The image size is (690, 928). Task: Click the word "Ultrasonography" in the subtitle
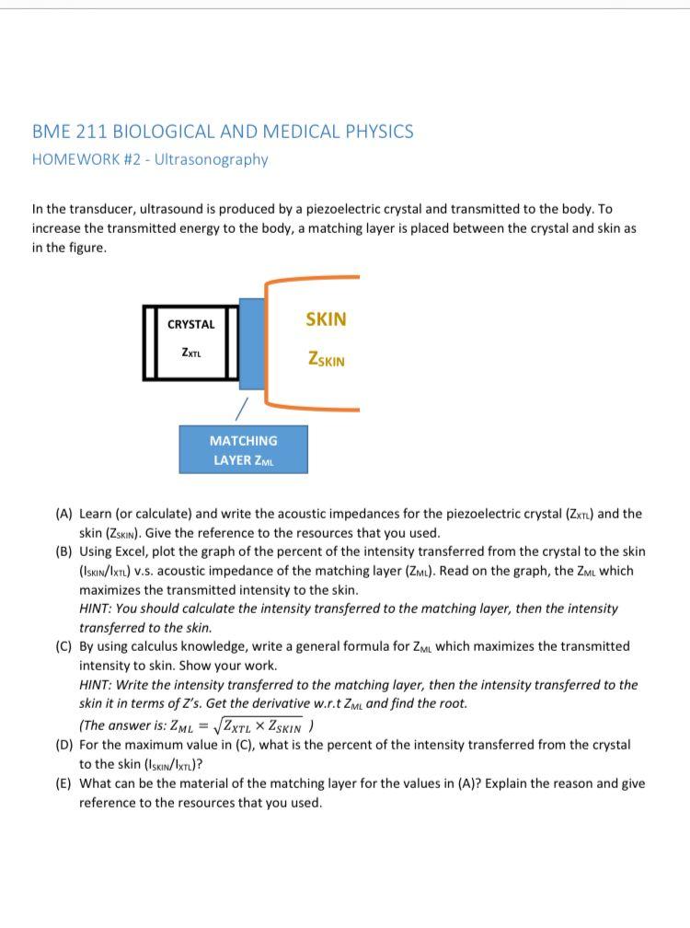[212, 159]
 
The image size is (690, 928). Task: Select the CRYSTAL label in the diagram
[191, 324]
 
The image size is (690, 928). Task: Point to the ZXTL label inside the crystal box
[191, 352]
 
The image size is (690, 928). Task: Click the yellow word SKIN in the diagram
[326, 319]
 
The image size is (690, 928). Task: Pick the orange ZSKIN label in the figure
[327, 360]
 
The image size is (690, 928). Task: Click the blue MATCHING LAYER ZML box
[243, 450]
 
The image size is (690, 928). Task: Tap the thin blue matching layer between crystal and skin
[250, 342]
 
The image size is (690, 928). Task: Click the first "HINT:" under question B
[98, 609]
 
